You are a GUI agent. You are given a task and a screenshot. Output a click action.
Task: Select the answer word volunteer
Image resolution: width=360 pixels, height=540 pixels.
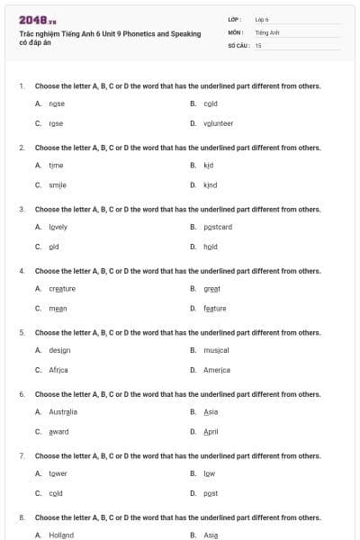pos(218,123)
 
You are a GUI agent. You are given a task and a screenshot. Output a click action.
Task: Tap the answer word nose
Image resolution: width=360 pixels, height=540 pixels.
pos(57,103)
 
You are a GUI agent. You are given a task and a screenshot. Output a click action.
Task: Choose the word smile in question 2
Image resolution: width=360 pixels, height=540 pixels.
pos(58,185)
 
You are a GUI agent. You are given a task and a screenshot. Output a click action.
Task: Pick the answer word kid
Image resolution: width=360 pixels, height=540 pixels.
pos(208,166)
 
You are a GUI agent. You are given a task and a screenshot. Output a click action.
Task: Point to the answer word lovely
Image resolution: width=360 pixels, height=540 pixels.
pos(58,227)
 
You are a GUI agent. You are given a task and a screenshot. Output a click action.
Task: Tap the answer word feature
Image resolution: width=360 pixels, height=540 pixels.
pos(215,309)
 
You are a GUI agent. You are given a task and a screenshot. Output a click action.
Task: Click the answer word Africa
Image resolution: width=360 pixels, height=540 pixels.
pos(58,370)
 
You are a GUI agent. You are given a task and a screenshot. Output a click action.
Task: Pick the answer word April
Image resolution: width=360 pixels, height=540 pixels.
pos(211,432)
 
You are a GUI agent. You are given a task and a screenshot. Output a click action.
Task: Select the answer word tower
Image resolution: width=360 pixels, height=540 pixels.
pos(58,473)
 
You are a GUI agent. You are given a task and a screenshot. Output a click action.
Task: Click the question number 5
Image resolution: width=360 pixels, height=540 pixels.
pos(22,332)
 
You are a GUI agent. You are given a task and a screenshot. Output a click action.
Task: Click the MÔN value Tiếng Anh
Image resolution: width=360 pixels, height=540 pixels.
pos(267,31)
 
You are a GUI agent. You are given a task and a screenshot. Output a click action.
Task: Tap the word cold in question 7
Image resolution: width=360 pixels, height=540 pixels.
pos(56,493)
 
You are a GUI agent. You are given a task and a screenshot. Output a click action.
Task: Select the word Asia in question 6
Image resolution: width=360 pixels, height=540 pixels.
pos(211,411)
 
